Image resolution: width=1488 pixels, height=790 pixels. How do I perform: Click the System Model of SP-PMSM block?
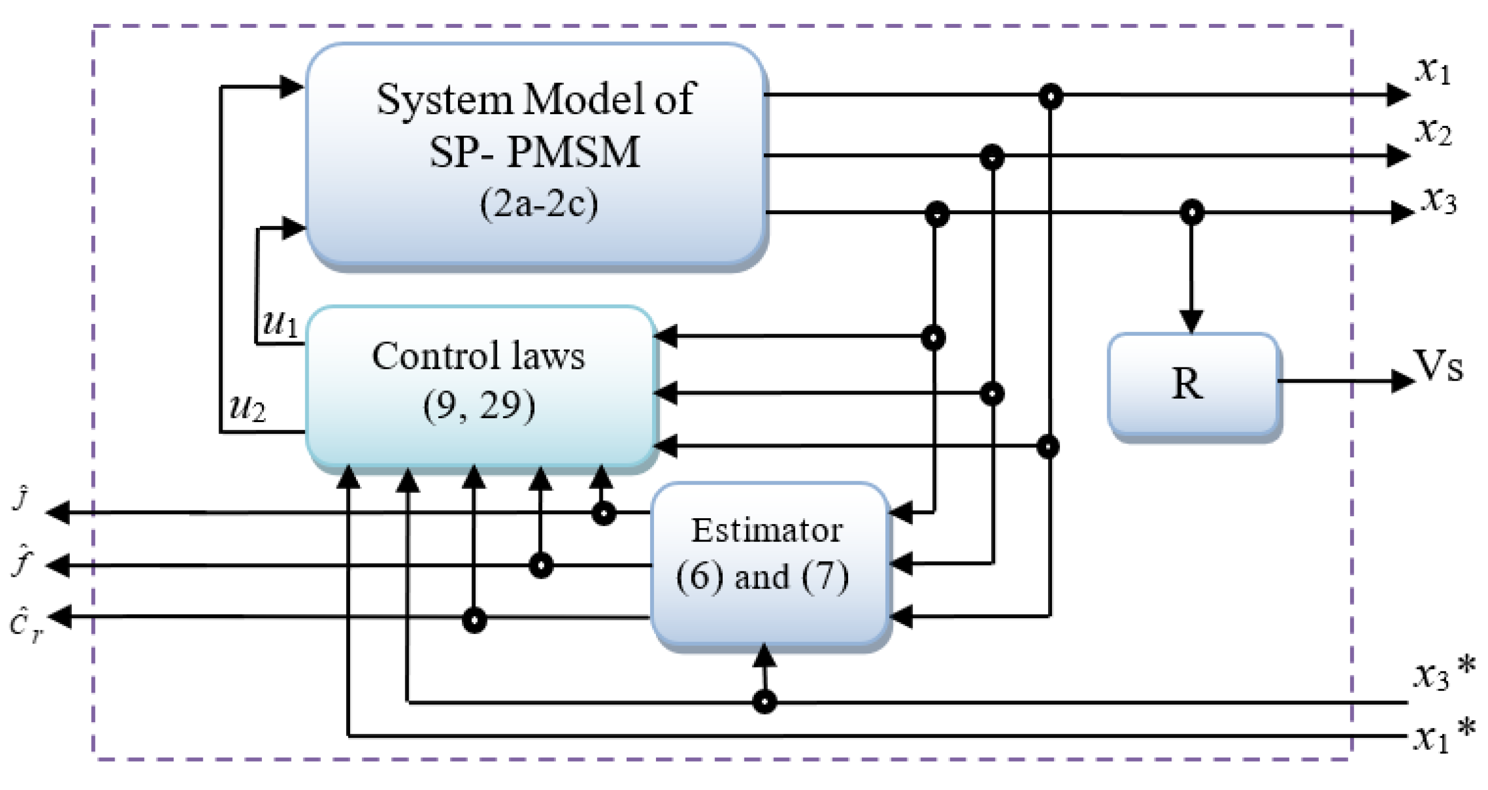tap(536, 155)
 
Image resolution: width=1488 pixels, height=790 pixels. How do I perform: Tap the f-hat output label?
tap(22, 561)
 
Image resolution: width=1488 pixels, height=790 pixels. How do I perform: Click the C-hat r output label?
tap(25, 625)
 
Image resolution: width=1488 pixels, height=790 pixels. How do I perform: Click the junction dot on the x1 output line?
tap(1050, 96)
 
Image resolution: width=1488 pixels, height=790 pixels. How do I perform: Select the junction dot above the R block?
tap(1191, 212)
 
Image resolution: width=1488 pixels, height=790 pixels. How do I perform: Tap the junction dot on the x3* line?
tap(764, 702)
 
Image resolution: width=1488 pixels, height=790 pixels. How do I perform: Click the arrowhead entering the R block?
tap(1191, 321)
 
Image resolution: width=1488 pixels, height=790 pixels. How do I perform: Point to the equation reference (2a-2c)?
tap(538, 204)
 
